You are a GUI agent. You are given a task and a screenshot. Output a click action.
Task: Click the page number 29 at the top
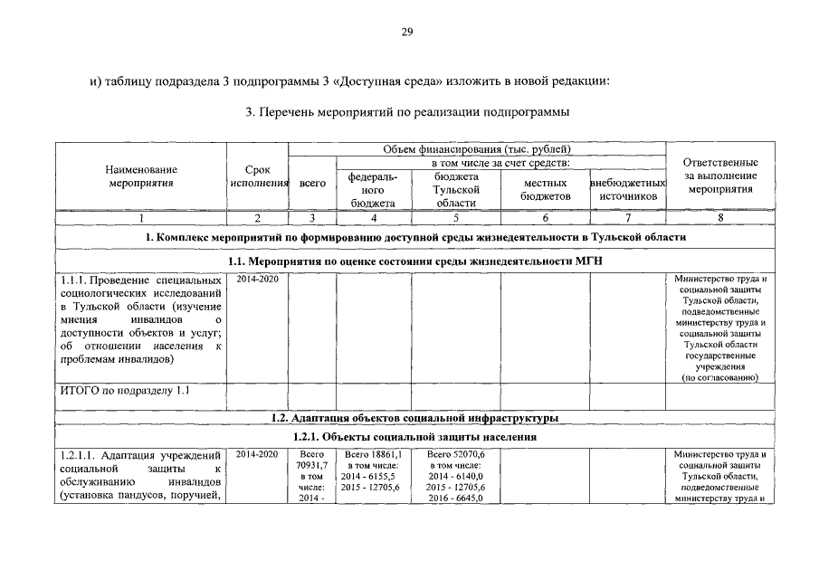click(x=407, y=33)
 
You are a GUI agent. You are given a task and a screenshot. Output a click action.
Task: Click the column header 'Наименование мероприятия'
click(x=140, y=176)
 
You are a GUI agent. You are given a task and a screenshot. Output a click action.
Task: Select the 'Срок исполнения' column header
click(x=257, y=176)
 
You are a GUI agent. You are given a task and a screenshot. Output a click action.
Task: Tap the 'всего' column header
click(x=312, y=183)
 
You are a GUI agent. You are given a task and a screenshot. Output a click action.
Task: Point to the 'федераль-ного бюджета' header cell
click(x=374, y=190)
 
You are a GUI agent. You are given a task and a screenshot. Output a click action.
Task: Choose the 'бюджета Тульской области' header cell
click(x=456, y=190)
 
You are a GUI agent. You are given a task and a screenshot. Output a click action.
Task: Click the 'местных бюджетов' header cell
click(x=545, y=189)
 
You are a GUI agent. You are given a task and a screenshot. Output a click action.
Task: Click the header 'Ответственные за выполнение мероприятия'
click(x=720, y=176)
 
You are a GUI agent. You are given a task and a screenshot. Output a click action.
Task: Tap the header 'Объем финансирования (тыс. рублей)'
click(x=477, y=148)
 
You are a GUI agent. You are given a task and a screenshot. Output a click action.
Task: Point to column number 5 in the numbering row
click(x=456, y=217)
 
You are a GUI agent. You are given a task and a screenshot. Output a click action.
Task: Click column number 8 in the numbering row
click(x=720, y=217)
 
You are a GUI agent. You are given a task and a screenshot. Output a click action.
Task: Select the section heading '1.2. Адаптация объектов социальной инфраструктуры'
click(x=414, y=417)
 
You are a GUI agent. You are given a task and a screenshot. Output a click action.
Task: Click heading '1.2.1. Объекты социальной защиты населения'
click(x=414, y=437)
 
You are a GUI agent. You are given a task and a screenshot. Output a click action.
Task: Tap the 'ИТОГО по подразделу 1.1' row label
click(x=124, y=391)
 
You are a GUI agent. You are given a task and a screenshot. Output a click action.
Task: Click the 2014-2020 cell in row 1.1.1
click(x=257, y=279)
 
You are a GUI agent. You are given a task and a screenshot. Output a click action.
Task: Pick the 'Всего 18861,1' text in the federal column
click(x=374, y=454)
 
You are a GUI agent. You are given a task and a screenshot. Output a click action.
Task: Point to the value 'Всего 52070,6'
click(x=456, y=454)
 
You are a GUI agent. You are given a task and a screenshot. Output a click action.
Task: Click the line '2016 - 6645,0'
click(x=456, y=498)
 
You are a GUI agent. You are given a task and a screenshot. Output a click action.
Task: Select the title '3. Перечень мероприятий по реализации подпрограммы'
click(x=407, y=112)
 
